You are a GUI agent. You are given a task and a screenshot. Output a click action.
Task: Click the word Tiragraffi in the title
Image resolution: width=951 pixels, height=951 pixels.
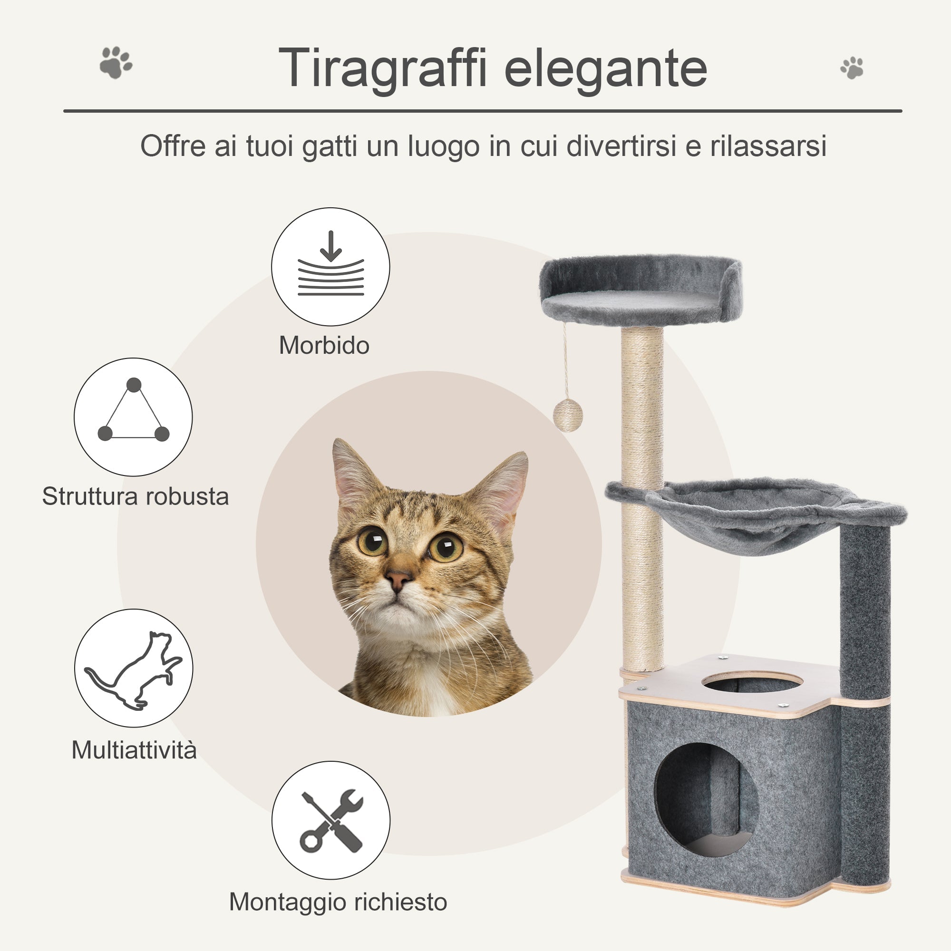(382, 68)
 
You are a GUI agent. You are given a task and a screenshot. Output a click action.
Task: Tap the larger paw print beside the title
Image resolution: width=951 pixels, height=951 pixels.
(116, 62)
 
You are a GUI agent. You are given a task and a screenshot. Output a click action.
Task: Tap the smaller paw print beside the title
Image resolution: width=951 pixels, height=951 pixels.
(852, 68)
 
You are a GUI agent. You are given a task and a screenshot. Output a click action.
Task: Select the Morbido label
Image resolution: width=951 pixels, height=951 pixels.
(324, 346)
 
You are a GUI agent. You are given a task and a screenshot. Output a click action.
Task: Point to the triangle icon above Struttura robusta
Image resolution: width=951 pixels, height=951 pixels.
(134, 417)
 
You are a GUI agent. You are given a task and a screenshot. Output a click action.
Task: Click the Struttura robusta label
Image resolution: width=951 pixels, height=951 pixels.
(136, 496)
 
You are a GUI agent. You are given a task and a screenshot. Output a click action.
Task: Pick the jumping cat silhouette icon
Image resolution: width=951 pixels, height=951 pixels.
(134, 668)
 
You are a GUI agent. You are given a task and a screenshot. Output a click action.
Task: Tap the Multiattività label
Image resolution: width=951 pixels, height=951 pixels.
(134, 750)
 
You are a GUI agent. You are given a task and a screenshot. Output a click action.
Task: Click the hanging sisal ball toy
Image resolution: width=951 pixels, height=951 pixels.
(568, 416)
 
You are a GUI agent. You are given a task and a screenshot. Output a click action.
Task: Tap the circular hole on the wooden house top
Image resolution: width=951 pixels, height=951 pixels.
(752, 682)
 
